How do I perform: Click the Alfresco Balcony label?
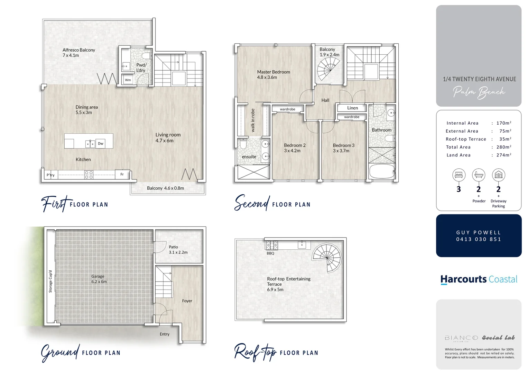(78, 53)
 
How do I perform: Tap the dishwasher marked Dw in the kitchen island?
(101, 143)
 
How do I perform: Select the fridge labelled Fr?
(122, 175)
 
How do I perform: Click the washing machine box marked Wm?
(128, 80)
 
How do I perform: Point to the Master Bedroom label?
(273, 74)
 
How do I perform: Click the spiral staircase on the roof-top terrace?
(327, 258)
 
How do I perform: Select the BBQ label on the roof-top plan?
(270, 253)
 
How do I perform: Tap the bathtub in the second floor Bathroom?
(382, 171)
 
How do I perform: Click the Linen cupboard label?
(352, 108)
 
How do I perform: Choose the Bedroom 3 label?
(343, 148)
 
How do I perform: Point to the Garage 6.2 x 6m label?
(99, 279)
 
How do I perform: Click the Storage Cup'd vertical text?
(50, 281)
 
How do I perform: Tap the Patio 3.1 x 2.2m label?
(178, 250)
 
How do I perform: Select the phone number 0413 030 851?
(479, 239)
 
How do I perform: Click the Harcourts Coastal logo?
(479, 279)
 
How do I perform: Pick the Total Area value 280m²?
(503, 147)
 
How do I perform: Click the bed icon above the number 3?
(459, 175)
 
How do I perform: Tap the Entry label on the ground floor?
(165, 334)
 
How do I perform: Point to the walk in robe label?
(253, 120)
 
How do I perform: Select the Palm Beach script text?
(479, 92)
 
